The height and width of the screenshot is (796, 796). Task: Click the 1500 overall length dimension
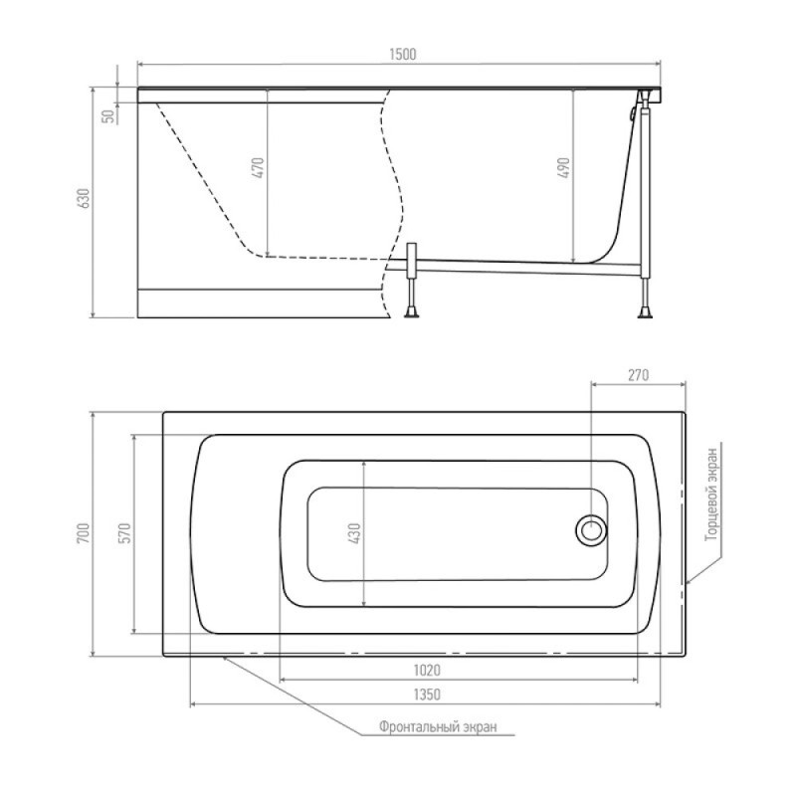tap(403, 55)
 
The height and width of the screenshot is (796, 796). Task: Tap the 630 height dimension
tap(85, 198)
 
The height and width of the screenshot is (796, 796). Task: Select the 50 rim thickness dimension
tap(108, 116)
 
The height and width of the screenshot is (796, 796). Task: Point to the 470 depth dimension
tap(259, 168)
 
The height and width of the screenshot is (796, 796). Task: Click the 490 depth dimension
tap(564, 168)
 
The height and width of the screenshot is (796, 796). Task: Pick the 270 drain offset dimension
tap(638, 375)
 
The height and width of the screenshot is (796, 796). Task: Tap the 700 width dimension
tap(84, 533)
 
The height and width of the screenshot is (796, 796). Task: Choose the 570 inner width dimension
tap(125, 533)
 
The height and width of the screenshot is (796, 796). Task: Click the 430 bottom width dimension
tap(355, 533)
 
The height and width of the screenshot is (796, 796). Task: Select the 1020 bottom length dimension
tap(427, 670)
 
